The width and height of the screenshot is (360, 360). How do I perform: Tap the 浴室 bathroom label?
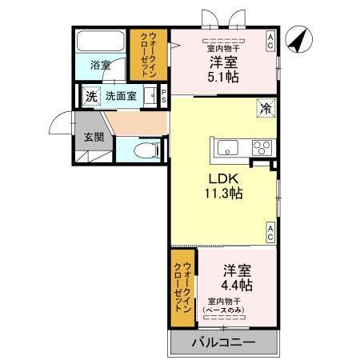100,64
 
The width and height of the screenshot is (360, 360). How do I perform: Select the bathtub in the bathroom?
100,42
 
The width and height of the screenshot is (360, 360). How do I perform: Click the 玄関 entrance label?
94,136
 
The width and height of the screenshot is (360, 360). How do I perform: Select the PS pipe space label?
164,96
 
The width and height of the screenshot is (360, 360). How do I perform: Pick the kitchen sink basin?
226,147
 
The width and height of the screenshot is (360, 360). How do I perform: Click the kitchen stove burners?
262,147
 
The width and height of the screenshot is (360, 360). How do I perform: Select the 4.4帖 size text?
238,284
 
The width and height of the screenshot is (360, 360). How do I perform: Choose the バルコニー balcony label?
223,342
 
